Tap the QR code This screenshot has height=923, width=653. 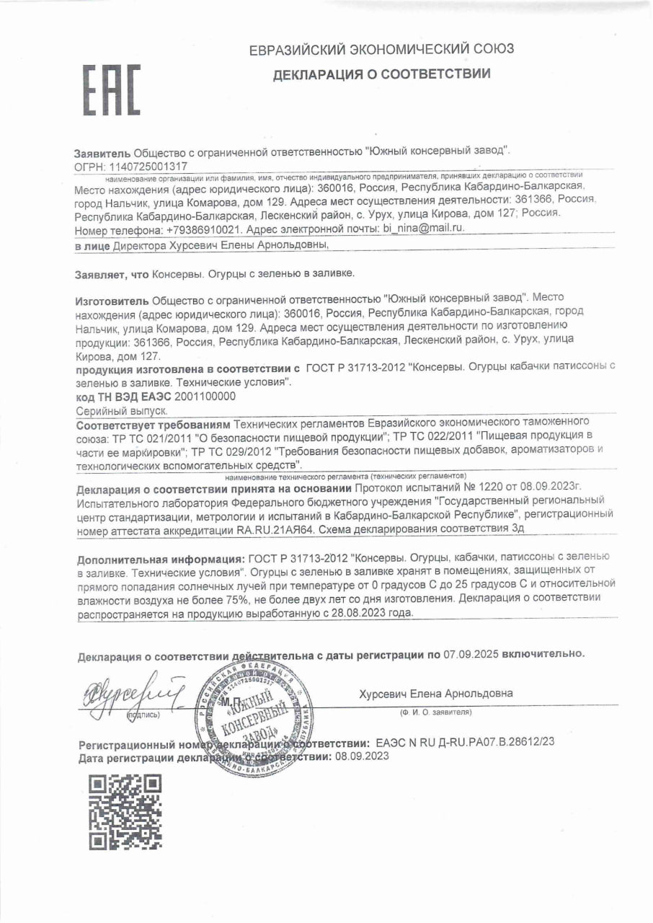pos(125,811)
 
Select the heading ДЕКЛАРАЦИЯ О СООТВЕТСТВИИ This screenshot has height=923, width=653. pos(381,74)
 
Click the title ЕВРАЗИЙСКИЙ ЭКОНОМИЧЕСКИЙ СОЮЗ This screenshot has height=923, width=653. pos(381,50)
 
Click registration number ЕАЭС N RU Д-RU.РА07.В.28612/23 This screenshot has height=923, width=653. pos(465,741)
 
